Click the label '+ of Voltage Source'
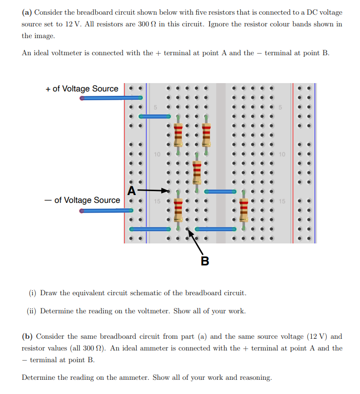coord(82,88)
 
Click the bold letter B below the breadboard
coord(205,261)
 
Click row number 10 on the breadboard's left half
coord(157,154)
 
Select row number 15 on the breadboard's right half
coord(282,201)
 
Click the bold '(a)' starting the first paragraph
coord(27,12)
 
